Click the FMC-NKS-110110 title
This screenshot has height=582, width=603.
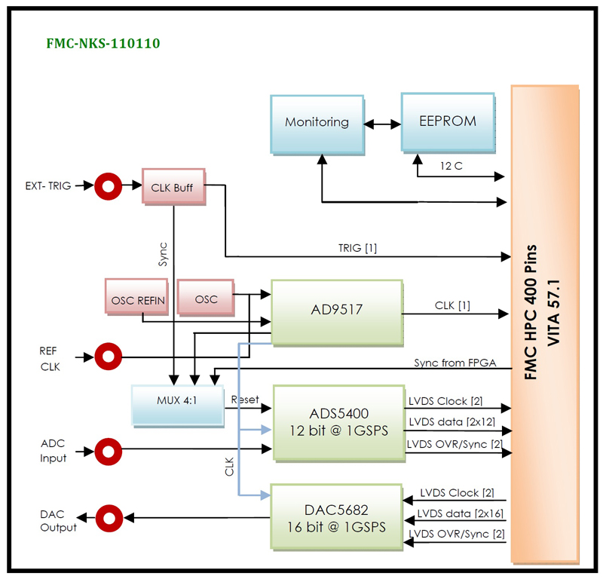click(x=103, y=44)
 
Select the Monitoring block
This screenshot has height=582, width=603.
click(x=317, y=121)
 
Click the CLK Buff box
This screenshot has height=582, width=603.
click(x=173, y=186)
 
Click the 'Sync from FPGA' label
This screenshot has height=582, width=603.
click(x=455, y=363)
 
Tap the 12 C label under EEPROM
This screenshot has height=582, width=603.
click(x=452, y=164)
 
